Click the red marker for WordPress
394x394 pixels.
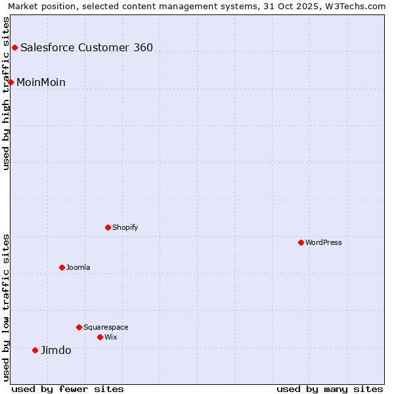tap(301, 242)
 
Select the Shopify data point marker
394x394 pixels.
tap(108, 227)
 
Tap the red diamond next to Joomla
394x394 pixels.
tap(62, 267)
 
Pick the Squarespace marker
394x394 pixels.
tap(79, 327)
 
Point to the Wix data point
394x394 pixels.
tap(100, 337)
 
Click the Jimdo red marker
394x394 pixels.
tap(35, 350)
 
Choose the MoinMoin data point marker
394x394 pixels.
tap(11, 82)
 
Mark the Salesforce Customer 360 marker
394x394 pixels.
tap(14, 47)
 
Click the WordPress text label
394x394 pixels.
tap(324, 242)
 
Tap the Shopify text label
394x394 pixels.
tap(125, 227)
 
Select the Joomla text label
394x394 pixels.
tap(78, 267)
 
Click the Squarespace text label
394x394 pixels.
tap(106, 327)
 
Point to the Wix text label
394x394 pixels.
tap(110, 337)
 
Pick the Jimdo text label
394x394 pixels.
tap(56, 350)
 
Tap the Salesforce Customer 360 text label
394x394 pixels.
tap(87, 47)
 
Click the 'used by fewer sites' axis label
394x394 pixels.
tap(68, 389)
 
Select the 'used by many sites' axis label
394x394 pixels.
tap(330, 389)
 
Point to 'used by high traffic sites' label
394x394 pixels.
tap(7, 93)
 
